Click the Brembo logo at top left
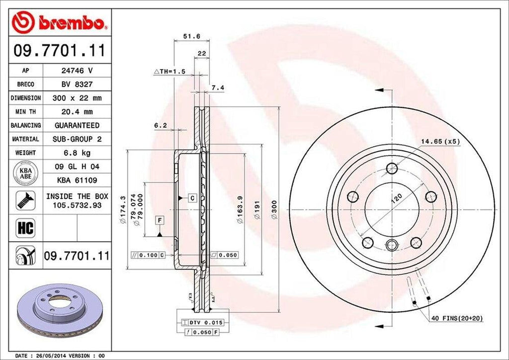[x=59, y=22]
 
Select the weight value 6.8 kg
[x=77, y=153]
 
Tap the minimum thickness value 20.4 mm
[x=77, y=112]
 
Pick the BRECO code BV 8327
[x=77, y=85]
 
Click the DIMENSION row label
[x=26, y=98]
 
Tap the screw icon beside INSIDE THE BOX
[x=25, y=199]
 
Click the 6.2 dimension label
[x=160, y=126]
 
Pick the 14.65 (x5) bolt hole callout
[x=440, y=141]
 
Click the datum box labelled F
[x=160, y=219]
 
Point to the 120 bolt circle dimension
[x=396, y=199]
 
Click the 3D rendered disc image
[x=60, y=308]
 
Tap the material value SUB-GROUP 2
[x=77, y=139]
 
